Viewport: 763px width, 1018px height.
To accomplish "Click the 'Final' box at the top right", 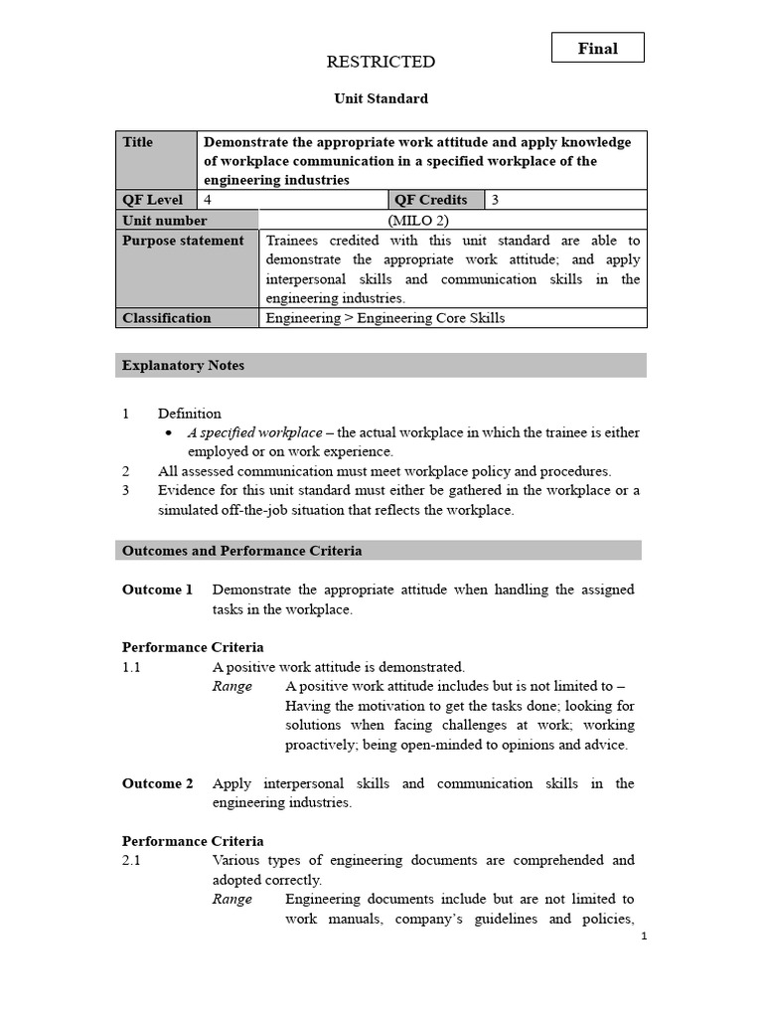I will coord(598,48).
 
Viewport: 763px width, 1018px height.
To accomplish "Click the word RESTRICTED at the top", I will coord(381,63).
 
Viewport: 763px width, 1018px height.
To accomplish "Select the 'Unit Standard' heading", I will coord(381,99).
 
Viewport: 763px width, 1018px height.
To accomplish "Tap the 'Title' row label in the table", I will coord(138,142).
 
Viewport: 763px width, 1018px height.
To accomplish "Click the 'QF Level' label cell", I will coord(152,200).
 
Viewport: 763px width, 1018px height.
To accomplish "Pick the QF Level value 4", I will coord(208,200).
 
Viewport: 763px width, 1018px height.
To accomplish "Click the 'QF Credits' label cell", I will coord(431,200).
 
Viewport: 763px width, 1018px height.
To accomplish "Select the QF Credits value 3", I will coord(496,200).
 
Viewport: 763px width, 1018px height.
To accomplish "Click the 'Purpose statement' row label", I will coord(183,241).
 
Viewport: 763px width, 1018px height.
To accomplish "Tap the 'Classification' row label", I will coord(166,318).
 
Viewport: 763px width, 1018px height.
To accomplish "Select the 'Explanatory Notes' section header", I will coord(183,366).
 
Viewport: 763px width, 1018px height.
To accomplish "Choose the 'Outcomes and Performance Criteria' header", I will coord(241,551).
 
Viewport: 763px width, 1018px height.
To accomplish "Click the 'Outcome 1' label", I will coord(157,591).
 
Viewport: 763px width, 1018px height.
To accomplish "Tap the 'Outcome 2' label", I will coord(157,783).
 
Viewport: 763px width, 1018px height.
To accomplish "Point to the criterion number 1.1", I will coord(131,668).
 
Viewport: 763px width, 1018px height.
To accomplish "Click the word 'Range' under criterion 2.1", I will coord(232,900).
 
